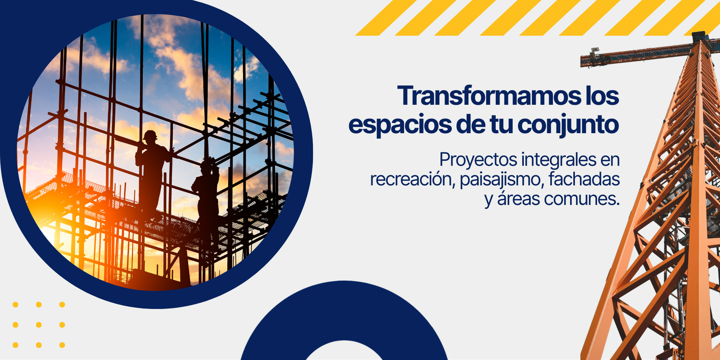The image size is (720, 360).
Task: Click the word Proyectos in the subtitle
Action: (x=478, y=160)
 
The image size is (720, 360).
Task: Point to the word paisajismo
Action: (x=501, y=180)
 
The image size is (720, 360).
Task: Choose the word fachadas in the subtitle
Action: (x=584, y=179)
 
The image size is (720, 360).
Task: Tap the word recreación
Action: (x=412, y=179)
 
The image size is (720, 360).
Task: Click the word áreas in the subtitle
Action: (x=518, y=198)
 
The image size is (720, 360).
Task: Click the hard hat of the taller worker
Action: (x=150, y=135)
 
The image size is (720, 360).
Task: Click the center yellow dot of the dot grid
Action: (x=39, y=325)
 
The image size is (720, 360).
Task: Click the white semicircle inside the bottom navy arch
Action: (x=344, y=351)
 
